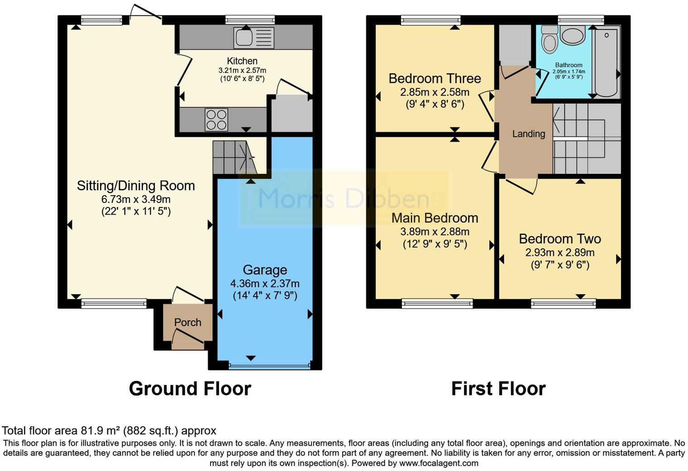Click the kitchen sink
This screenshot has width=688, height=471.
253,38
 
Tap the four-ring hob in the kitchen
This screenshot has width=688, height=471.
216,120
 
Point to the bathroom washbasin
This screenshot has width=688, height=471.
573,36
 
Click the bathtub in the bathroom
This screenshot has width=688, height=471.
607,61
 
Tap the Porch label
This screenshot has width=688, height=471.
187,322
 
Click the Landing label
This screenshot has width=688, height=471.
528,134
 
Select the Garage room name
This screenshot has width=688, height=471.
265,270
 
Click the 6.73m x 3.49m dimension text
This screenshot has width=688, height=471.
136,199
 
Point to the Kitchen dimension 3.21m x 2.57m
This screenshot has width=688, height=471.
242,71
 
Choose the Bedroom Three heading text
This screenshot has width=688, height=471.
435,78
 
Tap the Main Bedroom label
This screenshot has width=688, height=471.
435,218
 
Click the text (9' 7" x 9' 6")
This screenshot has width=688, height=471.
560,264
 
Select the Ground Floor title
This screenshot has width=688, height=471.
190,389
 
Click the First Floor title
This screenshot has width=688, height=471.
498,389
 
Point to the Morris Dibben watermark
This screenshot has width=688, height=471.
343,198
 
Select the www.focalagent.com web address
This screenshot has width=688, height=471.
439,463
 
